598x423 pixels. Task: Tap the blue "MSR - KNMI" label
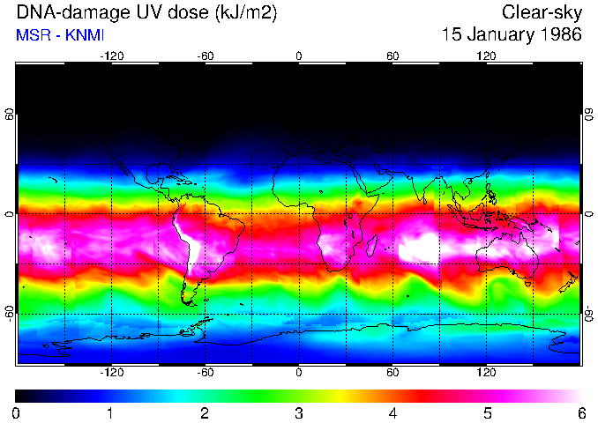61,35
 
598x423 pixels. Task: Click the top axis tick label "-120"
111,56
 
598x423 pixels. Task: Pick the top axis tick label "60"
392,56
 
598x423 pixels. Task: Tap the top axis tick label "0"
299,56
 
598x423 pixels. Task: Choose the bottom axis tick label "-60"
205,372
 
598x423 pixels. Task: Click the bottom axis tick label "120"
487,372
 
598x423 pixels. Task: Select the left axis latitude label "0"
10,214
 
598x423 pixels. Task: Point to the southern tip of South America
189,300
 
